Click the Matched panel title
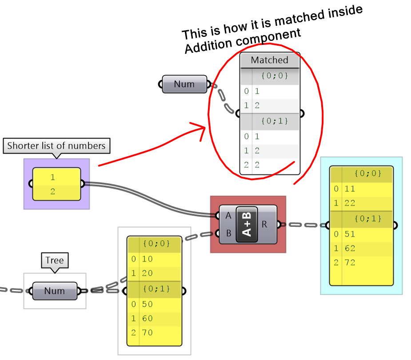point(269,60)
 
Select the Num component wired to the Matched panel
point(184,84)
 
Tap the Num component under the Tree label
point(54,291)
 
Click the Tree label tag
point(55,260)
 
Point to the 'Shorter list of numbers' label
point(56,146)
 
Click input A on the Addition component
point(228,216)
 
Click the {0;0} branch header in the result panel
point(367,174)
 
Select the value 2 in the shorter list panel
point(53,192)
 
